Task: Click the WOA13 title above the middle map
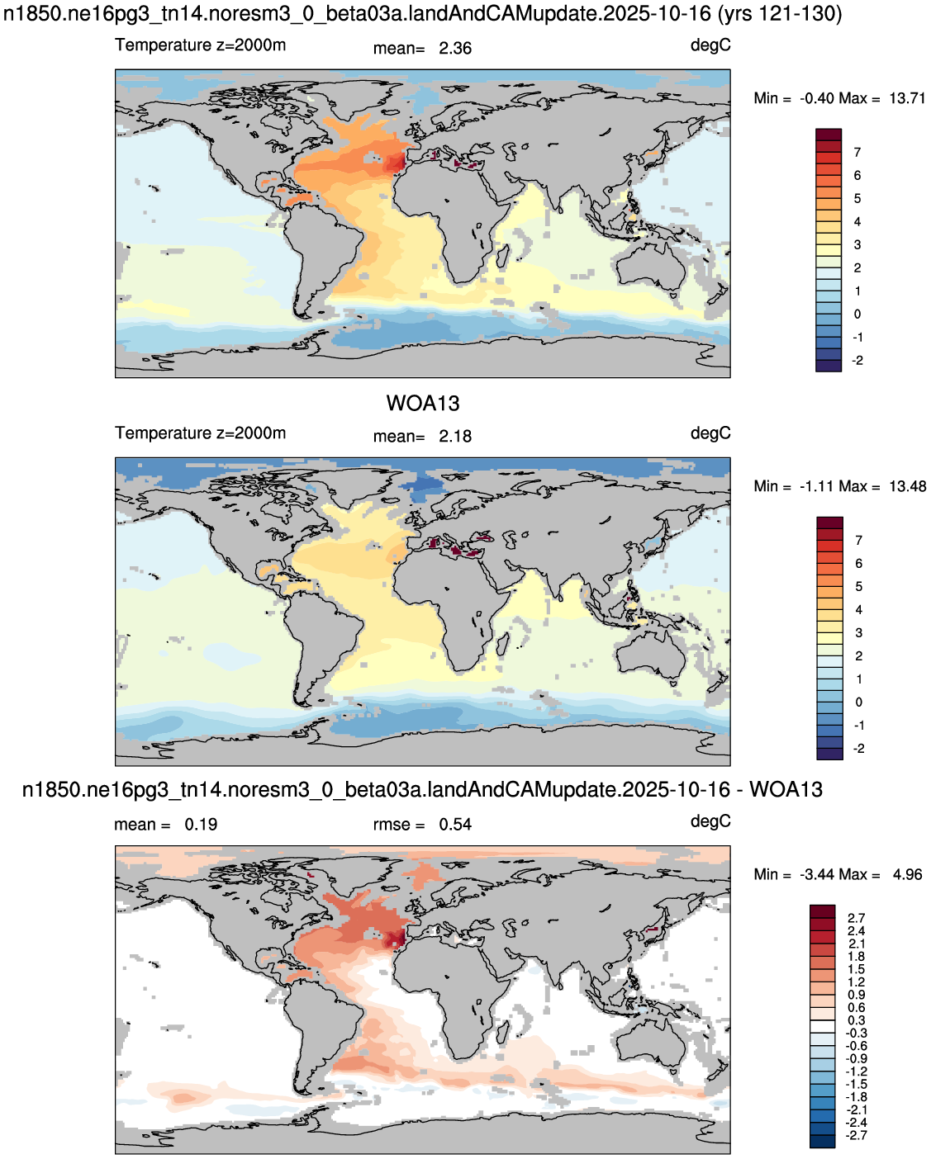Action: (x=423, y=404)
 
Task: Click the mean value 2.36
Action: (x=455, y=49)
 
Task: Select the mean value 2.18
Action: (x=455, y=436)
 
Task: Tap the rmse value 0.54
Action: (x=455, y=825)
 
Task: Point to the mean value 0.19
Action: (x=201, y=825)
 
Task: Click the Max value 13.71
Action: (x=907, y=98)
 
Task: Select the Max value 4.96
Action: (x=907, y=874)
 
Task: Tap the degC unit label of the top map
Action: (x=710, y=45)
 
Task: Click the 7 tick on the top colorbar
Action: (x=857, y=153)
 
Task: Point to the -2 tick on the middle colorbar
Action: (x=859, y=748)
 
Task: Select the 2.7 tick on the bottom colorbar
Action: (x=856, y=918)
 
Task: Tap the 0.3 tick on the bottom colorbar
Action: (x=856, y=1020)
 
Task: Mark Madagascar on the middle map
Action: (x=502, y=644)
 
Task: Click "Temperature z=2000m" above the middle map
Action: (x=200, y=433)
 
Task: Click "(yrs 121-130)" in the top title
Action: (x=779, y=13)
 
